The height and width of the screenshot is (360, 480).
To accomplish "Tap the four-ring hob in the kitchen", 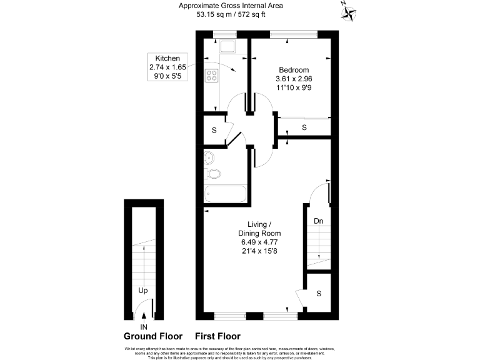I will [x=211, y=76].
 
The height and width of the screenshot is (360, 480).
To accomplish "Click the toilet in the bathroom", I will [x=214, y=174].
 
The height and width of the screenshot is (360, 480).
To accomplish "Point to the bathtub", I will [x=226, y=194].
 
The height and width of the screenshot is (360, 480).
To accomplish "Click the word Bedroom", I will [x=293, y=70].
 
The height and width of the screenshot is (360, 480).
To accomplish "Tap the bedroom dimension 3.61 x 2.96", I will [x=293, y=79].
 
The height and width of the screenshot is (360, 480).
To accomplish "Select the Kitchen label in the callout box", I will [x=164, y=58].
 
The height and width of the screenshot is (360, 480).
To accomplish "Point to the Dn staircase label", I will [x=318, y=221].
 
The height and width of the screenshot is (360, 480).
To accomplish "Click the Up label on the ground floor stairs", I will [x=144, y=291].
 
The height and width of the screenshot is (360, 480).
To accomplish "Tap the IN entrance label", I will [x=144, y=327].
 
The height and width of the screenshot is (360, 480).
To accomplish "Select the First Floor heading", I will [x=217, y=336].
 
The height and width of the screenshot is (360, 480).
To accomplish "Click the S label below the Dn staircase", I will [x=318, y=293].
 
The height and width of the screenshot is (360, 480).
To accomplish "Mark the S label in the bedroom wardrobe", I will [x=304, y=127].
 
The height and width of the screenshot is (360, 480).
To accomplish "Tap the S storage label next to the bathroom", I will [x=214, y=131].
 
